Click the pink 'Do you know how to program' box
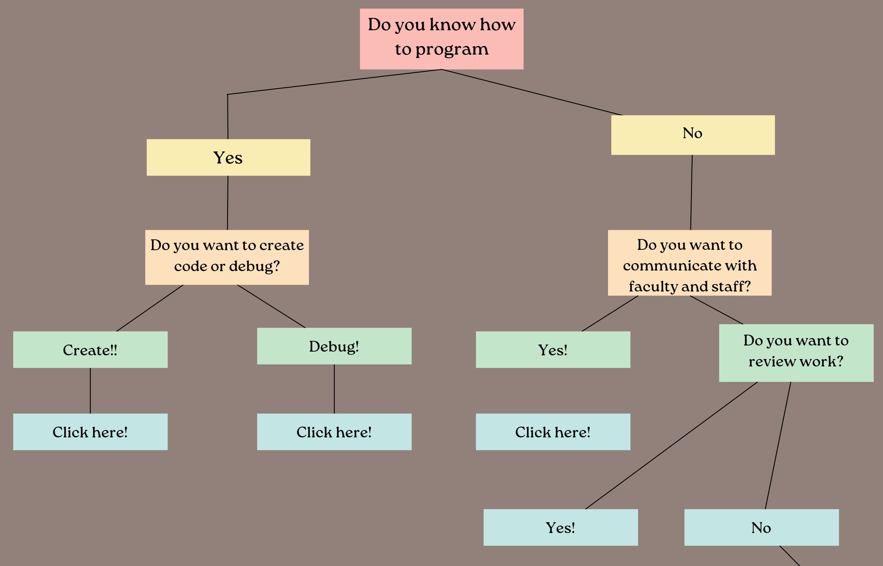pos(441,39)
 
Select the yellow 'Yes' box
pos(228,157)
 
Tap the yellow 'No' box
pos(693,135)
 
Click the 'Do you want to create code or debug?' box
pos(227,257)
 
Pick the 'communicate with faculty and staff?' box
pos(689,263)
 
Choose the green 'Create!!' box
pos(90,349)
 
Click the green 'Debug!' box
pos(334,346)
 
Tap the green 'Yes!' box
pos(553,349)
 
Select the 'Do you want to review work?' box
pos(796,353)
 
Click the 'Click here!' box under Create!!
pos(90,432)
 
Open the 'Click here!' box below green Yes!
pos(553,432)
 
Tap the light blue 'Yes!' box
pos(560,527)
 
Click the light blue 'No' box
pos(761,527)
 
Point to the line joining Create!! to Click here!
pos(90,391)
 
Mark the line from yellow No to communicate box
pos(691,192)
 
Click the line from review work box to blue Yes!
pos(671,445)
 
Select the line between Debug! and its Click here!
pos(334,389)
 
